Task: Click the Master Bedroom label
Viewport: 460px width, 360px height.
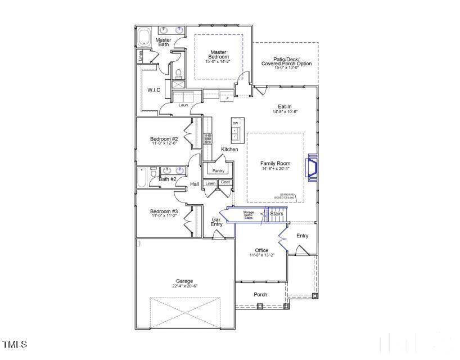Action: click(x=219, y=55)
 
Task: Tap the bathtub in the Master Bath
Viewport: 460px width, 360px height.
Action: click(x=143, y=37)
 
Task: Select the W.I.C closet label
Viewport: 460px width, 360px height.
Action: click(x=154, y=90)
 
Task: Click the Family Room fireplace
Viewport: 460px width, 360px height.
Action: click(x=310, y=168)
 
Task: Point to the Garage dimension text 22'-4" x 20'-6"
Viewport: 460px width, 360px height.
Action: click(x=184, y=286)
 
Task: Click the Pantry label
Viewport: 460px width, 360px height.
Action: click(x=218, y=171)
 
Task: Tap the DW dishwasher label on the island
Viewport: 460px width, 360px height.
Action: click(x=235, y=123)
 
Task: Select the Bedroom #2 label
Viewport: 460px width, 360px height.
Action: click(x=164, y=139)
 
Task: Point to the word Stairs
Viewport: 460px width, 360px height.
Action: click(x=276, y=214)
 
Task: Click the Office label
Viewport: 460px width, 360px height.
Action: click(x=261, y=250)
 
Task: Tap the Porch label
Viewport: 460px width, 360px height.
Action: click(x=260, y=295)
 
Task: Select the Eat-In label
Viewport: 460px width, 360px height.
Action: click(x=285, y=106)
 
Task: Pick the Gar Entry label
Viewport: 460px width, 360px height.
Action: click(x=217, y=222)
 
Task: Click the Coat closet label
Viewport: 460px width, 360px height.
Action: click(x=225, y=183)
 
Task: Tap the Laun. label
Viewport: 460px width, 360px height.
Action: click(x=183, y=105)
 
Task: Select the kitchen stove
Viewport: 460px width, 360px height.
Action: click(x=208, y=138)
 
